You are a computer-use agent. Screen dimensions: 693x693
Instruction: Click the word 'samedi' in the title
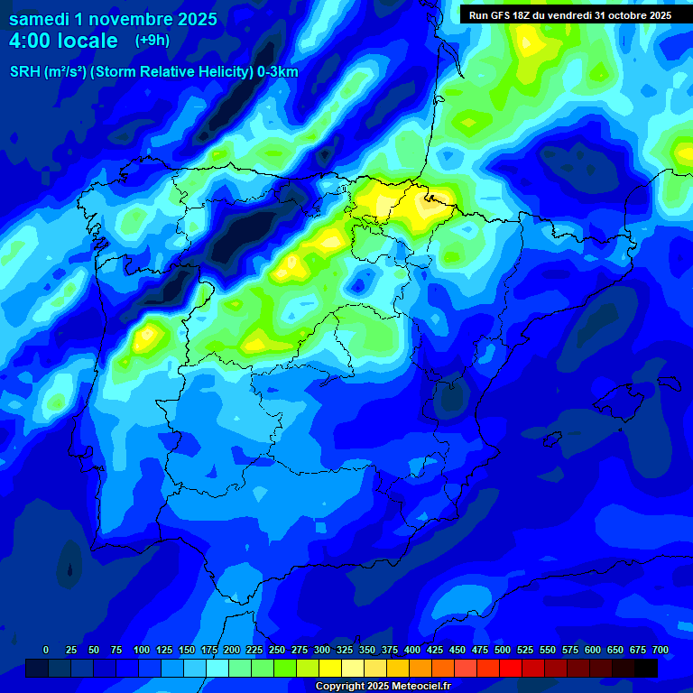tap(39, 20)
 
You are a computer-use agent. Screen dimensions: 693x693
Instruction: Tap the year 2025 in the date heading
tap(193, 20)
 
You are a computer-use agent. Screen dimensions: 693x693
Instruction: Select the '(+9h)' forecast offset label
tap(152, 41)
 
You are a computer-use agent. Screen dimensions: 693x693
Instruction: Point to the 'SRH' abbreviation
tap(24, 72)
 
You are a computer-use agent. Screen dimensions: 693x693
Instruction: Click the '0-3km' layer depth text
tap(277, 72)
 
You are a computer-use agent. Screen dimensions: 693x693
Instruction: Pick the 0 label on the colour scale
tap(46, 650)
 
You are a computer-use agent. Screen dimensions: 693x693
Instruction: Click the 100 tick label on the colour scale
tap(142, 650)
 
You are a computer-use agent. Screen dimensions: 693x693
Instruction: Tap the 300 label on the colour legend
tap(322, 650)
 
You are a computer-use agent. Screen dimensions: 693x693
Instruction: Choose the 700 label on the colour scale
tap(661, 650)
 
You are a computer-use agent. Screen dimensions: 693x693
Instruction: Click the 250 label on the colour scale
tap(277, 650)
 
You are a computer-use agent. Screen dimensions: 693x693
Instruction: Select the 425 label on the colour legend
tap(435, 650)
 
